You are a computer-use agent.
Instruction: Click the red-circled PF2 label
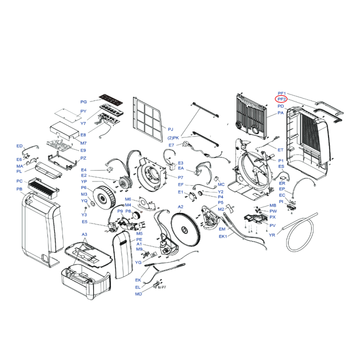click(281, 99)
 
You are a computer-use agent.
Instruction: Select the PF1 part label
click(281, 93)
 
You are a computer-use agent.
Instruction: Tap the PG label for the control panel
click(83, 102)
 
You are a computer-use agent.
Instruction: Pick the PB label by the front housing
click(19, 189)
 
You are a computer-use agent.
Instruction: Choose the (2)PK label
click(173, 137)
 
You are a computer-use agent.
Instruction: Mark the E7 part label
click(171, 145)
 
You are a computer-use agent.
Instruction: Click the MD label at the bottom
click(138, 294)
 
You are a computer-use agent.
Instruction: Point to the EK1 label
click(223, 236)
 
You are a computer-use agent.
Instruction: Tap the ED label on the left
click(19, 146)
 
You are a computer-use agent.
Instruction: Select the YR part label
click(272, 235)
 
